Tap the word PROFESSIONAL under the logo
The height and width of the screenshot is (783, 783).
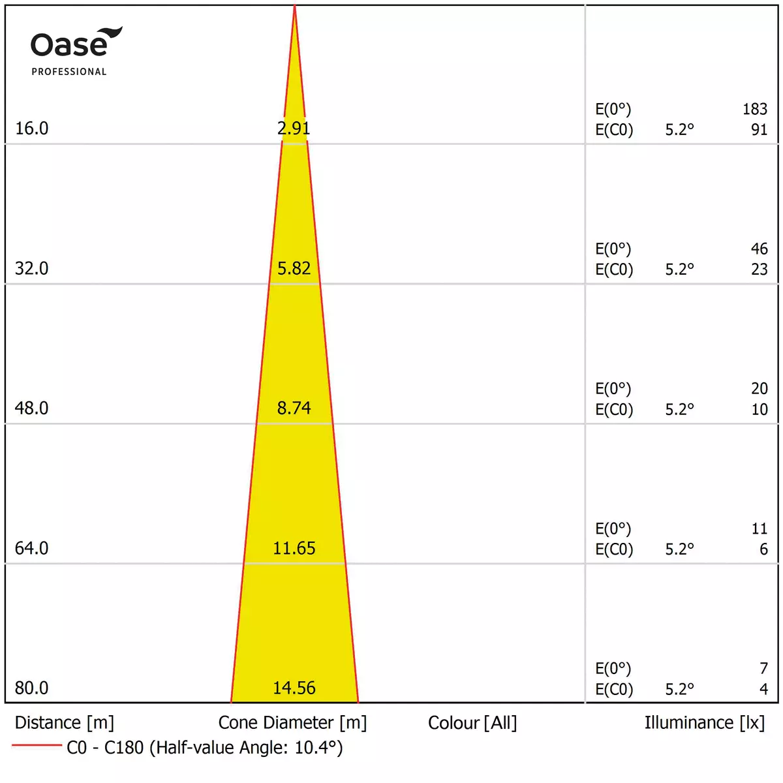(69, 72)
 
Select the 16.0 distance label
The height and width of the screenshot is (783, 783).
(31, 128)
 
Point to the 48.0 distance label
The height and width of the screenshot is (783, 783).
(31, 408)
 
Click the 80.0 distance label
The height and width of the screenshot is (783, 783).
(31, 688)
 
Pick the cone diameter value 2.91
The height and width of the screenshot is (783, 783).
(294, 128)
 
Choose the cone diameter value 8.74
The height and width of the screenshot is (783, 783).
(294, 408)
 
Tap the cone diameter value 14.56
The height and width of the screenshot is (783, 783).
(294, 688)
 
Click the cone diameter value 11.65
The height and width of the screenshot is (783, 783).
(294, 548)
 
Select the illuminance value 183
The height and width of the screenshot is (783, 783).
(755, 109)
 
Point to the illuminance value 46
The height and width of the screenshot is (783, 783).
(759, 249)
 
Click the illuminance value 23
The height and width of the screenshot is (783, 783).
(759, 269)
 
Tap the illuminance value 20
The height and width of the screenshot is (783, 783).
(759, 388)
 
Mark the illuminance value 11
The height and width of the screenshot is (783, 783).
(759, 529)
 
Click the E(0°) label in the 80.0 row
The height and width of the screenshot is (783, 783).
(613, 668)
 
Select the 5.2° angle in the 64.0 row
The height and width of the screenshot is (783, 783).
(679, 549)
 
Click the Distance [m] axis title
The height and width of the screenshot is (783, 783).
(64, 723)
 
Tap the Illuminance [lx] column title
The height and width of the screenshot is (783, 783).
(704, 723)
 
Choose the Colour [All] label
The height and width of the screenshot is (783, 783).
(472, 723)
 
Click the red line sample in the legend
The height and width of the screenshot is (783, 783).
(37, 745)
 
